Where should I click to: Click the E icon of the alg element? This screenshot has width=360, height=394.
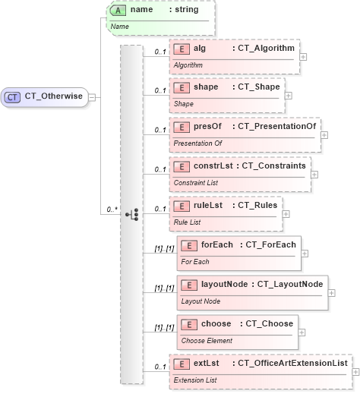pos(182,49)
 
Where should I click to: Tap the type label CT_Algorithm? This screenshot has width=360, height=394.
pos(263,49)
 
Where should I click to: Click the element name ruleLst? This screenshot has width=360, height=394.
pos(208,205)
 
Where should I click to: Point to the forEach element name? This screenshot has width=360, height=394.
pos(217,244)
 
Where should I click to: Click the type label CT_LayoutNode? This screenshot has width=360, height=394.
pos(289,284)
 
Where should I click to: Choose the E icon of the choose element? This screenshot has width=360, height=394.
pos(189,323)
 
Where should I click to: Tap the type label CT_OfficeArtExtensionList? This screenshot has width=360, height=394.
pos(292,363)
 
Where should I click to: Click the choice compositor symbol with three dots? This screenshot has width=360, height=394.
pos(131,215)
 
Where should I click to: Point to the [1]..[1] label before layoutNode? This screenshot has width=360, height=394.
pos(164,288)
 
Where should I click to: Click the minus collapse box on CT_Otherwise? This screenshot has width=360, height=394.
pos(92,97)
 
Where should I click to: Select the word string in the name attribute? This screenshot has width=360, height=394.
pos(185,11)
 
